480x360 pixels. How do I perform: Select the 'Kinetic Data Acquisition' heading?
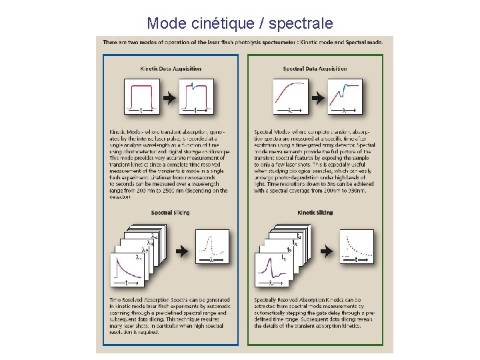tap(171, 69)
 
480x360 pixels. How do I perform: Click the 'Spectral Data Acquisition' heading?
tap(315, 69)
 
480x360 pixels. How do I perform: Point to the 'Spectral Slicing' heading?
tap(170, 213)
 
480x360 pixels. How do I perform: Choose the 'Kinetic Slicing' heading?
tap(315, 213)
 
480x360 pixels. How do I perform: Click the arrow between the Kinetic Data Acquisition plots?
tap(169, 97)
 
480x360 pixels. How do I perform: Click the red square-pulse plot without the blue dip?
tap(141, 97)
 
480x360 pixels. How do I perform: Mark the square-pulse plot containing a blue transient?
tap(197, 97)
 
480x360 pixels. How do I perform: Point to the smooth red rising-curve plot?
tap(290, 97)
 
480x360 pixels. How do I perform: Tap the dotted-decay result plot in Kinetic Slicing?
tap(357, 247)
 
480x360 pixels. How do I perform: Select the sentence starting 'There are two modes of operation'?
tap(243, 41)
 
